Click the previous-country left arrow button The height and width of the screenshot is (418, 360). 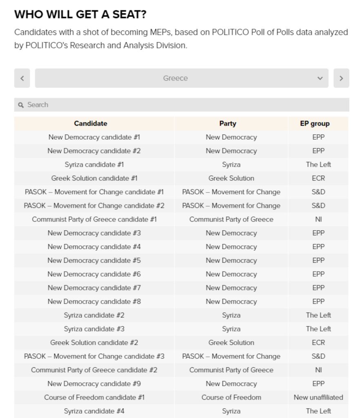[x=22, y=78]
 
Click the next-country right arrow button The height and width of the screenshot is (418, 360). [x=341, y=78]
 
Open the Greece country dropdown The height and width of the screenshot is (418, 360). [x=181, y=78]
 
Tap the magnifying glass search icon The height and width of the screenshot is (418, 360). [x=21, y=105]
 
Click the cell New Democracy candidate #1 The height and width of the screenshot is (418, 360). [x=94, y=137]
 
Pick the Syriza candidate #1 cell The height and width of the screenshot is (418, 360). [x=94, y=165]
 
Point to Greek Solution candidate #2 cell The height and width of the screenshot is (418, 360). [x=94, y=342]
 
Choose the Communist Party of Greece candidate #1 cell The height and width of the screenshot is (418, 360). [x=94, y=219]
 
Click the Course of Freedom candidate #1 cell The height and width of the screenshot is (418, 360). [x=94, y=397]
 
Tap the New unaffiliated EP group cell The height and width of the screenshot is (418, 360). [x=318, y=397]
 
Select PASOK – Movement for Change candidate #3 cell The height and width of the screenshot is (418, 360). [x=94, y=356]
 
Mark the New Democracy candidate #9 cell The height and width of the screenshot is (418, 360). [x=94, y=384]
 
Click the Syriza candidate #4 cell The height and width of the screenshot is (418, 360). [x=94, y=411]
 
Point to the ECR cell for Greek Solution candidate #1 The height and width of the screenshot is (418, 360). [x=318, y=178]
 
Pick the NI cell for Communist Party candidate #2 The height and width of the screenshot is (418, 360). [x=318, y=370]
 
